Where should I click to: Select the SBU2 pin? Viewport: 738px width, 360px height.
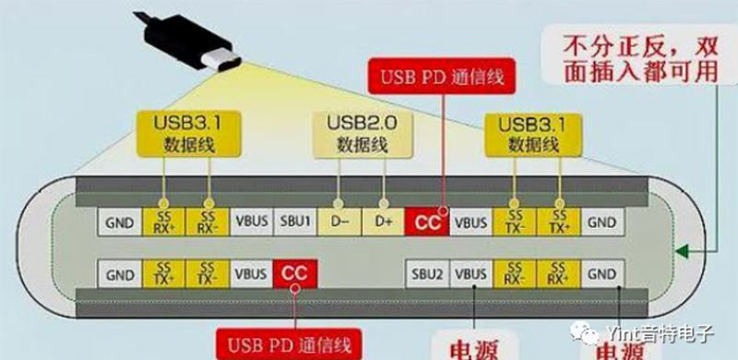tap(429, 274)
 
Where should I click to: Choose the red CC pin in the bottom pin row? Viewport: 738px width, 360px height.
tap(295, 274)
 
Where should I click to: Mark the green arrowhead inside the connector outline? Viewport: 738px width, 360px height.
tap(682, 250)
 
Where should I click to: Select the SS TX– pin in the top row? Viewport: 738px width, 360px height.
tap(514, 222)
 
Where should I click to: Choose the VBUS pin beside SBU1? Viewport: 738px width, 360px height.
tap(252, 222)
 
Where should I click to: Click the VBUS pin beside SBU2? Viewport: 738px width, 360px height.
tap(471, 274)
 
